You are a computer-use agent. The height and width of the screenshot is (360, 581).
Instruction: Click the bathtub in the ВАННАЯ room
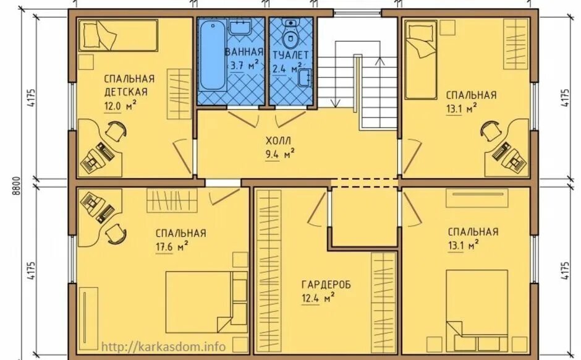point(213,55)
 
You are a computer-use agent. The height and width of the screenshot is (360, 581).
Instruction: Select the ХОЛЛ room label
point(278,140)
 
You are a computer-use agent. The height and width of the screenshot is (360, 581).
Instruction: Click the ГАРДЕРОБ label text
point(326,285)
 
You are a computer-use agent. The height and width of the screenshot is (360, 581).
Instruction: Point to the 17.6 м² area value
point(172,247)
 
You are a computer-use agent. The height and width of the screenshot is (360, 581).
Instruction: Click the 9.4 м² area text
point(280,154)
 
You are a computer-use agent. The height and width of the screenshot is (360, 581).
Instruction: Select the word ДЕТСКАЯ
point(125,92)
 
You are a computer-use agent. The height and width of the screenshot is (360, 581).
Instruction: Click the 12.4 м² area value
point(319,298)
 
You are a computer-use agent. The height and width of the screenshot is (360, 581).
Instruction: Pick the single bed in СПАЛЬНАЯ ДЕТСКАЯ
point(119,35)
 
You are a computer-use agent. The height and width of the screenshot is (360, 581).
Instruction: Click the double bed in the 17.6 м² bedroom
point(206,302)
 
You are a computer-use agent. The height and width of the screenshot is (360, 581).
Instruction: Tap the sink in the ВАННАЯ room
point(240,27)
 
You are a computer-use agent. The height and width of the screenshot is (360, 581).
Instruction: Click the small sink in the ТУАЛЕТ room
point(305,77)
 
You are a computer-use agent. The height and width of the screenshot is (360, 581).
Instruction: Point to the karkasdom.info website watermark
point(163,346)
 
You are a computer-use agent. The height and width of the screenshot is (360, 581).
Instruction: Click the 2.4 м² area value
point(286,69)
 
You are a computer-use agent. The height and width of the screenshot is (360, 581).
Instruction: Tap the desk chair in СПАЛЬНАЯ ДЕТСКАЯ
point(116,131)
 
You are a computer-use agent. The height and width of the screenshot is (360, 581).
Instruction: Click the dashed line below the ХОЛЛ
point(365,182)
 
